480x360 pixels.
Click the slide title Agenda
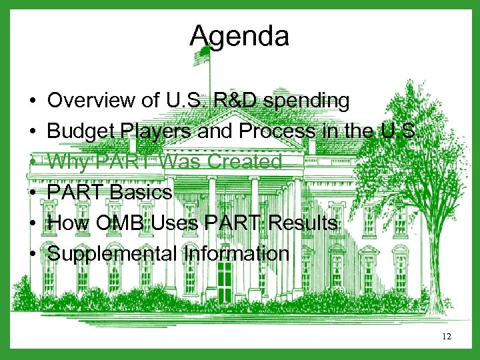pyautogui.click(x=239, y=36)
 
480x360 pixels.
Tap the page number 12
pyautogui.click(x=447, y=337)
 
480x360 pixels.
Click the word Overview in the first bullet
pyautogui.click(x=88, y=101)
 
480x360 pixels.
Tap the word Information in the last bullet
pyautogui.click(x=231, y=254)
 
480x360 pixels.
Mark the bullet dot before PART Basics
pyautogui.click(x=32, y=193)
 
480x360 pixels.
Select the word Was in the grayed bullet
pyautogui.click(x=176, y=162)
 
